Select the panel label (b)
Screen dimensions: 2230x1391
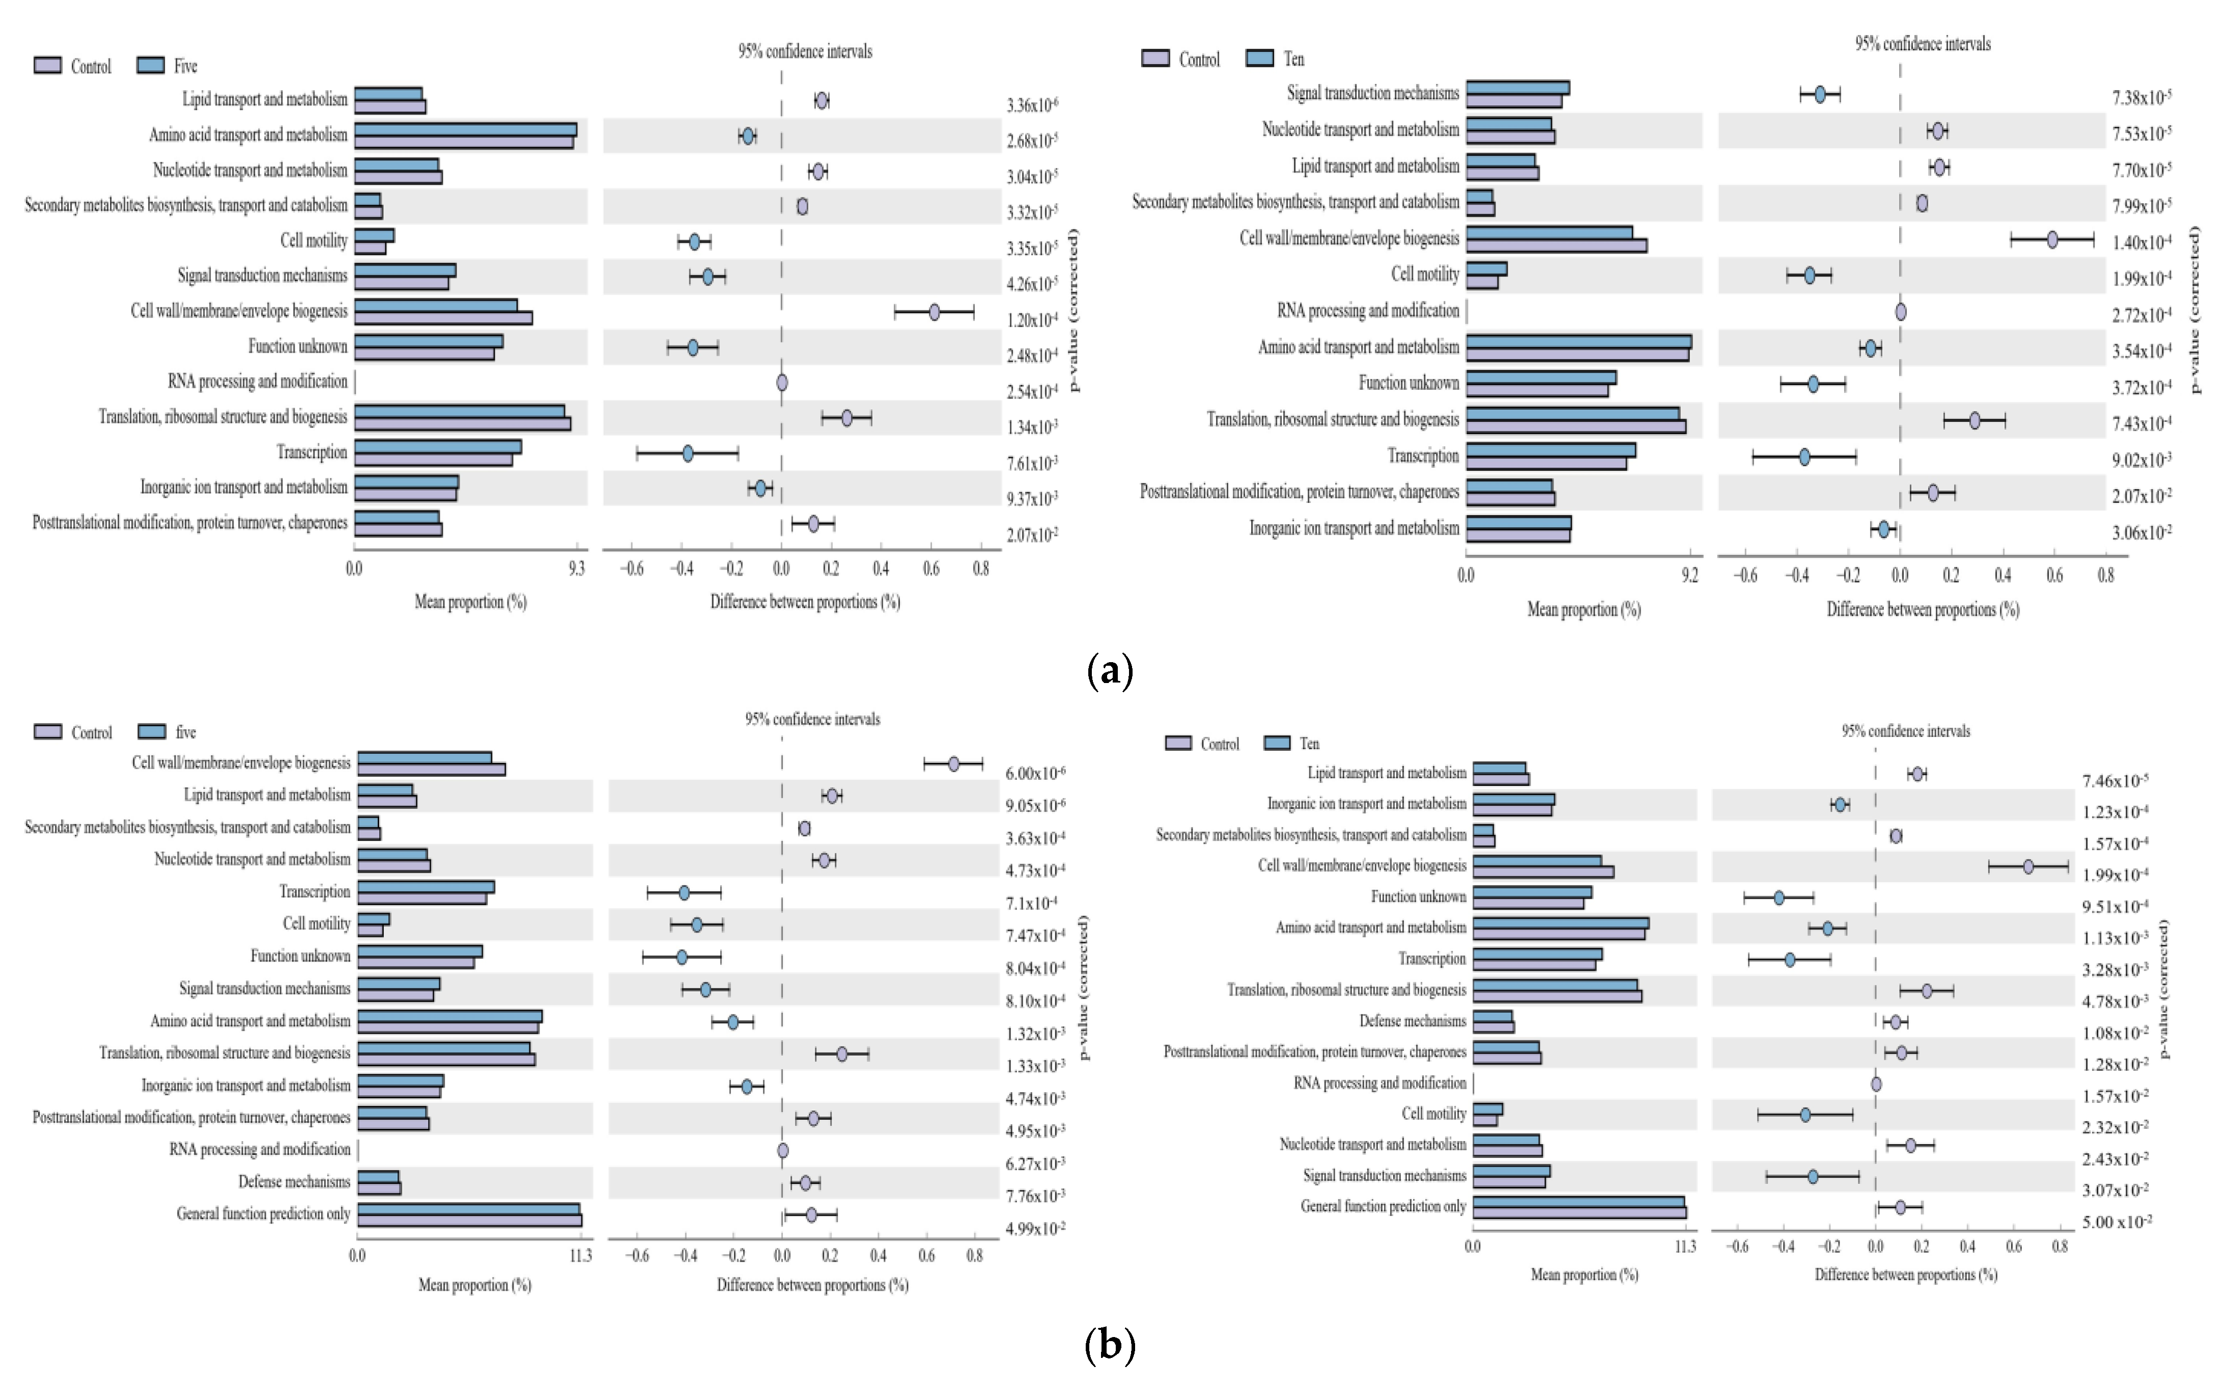[x=1110, y=1346]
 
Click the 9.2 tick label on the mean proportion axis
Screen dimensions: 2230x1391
[x=1690, y=576]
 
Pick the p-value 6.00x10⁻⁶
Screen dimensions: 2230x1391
[x=1035, y=773]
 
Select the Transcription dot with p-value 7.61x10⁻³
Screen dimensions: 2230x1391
[x=687, y=452]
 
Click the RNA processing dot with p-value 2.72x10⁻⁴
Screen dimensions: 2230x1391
[x=1901, y=312]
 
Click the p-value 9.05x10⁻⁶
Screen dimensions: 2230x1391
[x=1035, y=806]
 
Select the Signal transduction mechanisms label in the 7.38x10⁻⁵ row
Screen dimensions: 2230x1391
[x=1373, y=93]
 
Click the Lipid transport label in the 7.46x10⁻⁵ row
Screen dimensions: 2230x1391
[x=1387, y=773]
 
